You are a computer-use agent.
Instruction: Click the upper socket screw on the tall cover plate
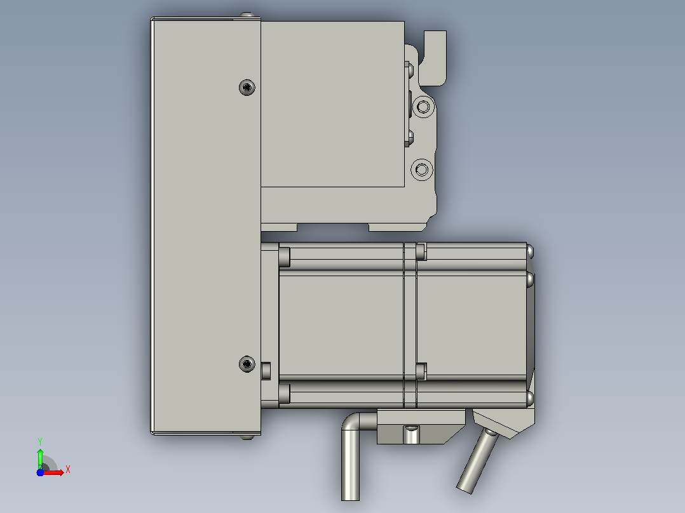[247, 88]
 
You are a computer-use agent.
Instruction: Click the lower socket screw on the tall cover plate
[247, 364]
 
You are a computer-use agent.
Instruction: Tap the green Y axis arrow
[40, 457]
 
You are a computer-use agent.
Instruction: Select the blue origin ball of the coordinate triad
[40, 472]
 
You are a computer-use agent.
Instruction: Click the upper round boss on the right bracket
[423, 107]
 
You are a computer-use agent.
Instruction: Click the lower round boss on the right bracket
[422, 170]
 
